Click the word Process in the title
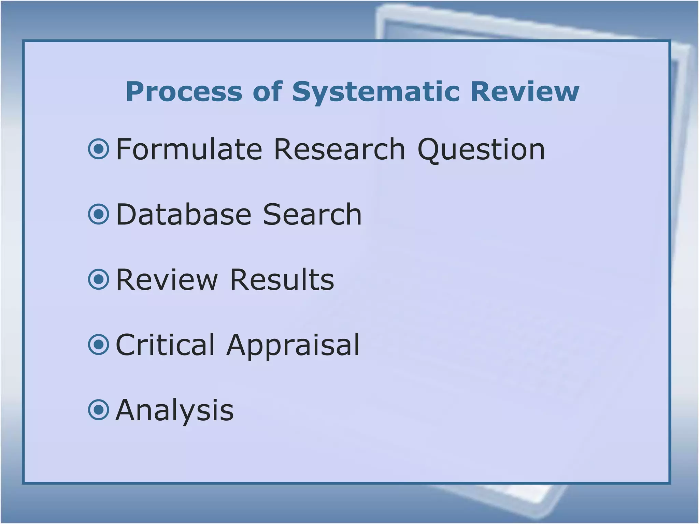[184, 92]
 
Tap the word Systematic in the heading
[376, 92]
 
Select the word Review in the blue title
[525, 92]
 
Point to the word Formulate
[189, 149]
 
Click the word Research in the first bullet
[340, 149]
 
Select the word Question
[481, 149]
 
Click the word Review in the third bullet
[167, 279]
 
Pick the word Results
[282, 279]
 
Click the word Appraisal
[293, 345]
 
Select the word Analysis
[175, 410]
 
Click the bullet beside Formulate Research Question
[99, 149]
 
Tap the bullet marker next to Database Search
[99, 214]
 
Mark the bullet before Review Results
[99, 279]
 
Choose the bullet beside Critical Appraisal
[99, 345]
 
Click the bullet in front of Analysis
[99, 410]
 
